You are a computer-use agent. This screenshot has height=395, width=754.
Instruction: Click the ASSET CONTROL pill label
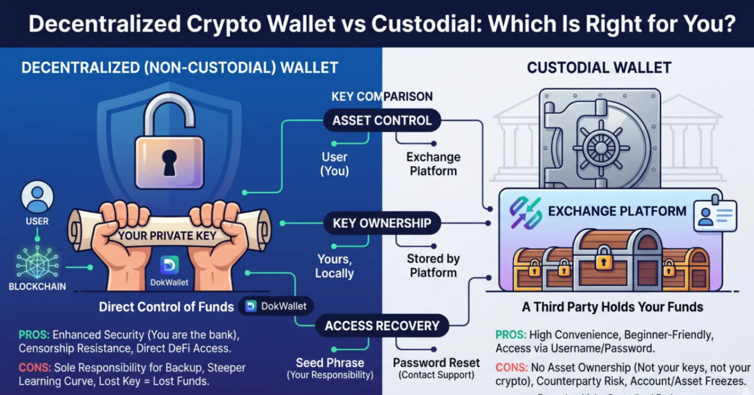tap(382, 120)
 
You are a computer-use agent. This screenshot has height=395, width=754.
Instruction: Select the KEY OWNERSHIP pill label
tap(382, 223)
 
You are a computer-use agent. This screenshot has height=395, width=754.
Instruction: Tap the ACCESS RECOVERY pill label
tap(382, 325)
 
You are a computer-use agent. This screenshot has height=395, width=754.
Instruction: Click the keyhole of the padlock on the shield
tap(169, 162)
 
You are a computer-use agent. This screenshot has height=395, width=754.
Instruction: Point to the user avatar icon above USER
tap(37, 197)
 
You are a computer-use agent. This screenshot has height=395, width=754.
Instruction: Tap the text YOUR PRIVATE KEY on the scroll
tap(167, 235)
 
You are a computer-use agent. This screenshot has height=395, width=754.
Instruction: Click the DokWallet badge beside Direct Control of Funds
tap(276, 306)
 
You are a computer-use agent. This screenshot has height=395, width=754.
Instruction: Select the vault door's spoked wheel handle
tap(601, 147)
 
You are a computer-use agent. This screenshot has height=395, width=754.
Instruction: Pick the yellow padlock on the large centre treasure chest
tap(603, 258)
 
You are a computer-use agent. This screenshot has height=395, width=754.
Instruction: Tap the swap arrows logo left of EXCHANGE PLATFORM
tap(526, 213)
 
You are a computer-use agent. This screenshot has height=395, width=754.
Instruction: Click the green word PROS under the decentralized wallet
tap(34, 335)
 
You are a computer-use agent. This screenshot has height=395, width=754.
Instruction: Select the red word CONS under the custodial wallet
tap(511, 367)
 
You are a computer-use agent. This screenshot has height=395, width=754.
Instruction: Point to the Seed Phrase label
tap(330, 363)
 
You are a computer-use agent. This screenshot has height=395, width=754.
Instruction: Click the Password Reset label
tap(436, 363)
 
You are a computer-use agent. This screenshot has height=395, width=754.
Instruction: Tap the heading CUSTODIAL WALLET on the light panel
tap(599, 68)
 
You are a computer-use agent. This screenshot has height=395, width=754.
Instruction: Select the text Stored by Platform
tap(433, 265)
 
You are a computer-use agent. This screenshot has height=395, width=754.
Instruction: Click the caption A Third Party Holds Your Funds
tap(612, 307)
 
